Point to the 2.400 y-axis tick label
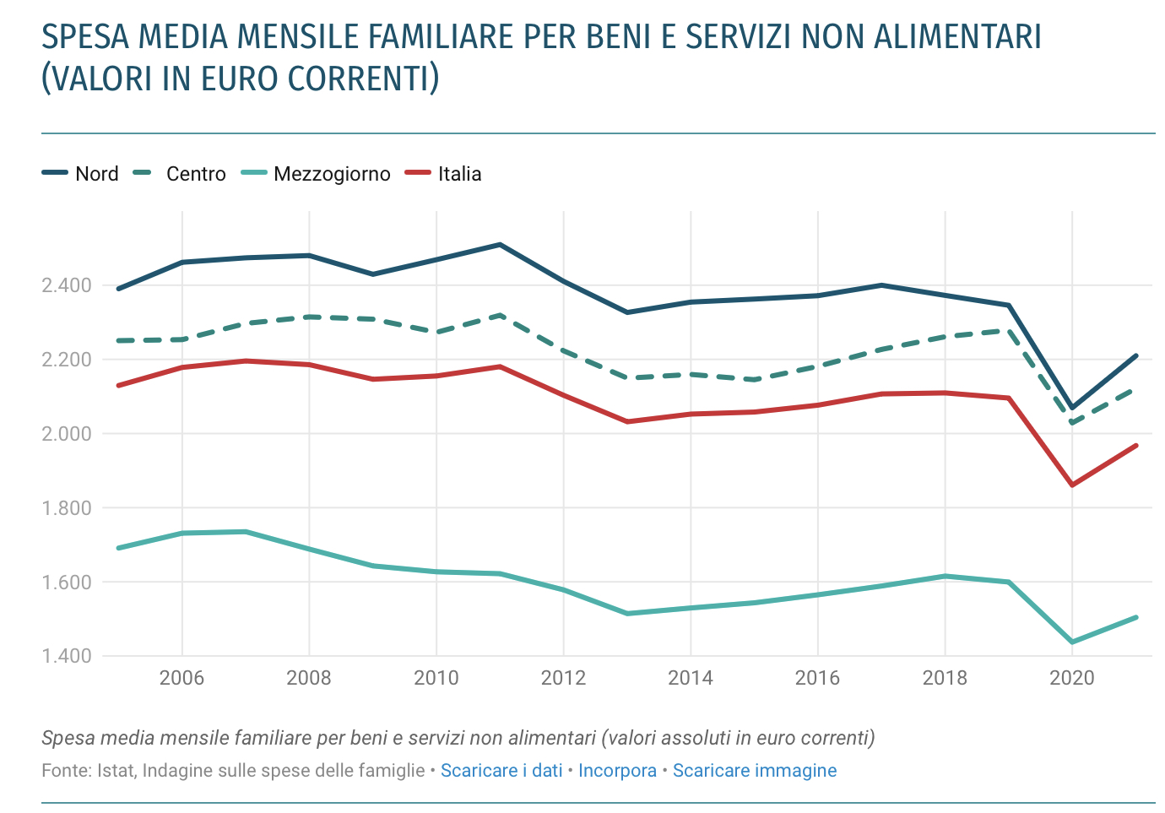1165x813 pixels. pyautogui.click(x=67, y=285)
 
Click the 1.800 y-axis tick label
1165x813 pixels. pyautogui.click(x=67, y=508)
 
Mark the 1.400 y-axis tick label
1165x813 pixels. pyautogui.click(x=67, y=656)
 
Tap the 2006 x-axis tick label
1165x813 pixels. pyautogui.click(x=182, y=678)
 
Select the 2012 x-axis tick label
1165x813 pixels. pyautogui.click(x=563, y=678)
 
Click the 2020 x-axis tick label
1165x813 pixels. pyautogui.click(x=1071, y=678)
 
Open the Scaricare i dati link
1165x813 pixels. pyautogui.click(x=501, y=771)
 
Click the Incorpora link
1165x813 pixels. pyautogui.click(x=617, y=771)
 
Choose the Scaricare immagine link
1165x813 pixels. pyautogui.click(x=755, y=771)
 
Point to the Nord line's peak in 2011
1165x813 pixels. pyautogui.click(x=500, y=245)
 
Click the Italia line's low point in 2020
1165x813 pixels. pyautogui.click(x=1072, y=485)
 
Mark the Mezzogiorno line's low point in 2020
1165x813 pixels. pyautogui.click(x=1072, y=642)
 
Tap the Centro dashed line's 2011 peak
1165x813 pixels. pyautogui.click(x=500, y=316)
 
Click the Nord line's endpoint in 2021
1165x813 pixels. pyautogui.click(x=1136, y=356)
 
